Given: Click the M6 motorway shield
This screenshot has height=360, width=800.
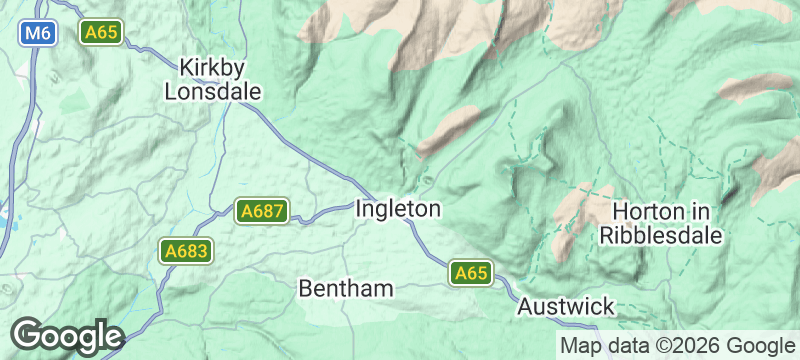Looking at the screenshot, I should coord(38,33).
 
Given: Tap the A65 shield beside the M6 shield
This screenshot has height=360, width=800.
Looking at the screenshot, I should coord(102,33).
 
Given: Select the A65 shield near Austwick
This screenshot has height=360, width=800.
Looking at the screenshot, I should coord(471,273).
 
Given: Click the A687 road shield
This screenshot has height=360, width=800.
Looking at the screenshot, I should coord(262,211).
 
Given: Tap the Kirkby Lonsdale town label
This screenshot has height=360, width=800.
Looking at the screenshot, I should coord(211,79).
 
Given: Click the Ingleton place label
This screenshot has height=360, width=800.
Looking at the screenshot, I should coord(398,210).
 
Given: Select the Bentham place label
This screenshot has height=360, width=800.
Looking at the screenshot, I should coord(346,288).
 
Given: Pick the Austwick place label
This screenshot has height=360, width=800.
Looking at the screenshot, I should coord(566,307).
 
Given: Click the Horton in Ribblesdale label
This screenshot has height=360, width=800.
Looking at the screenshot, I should coord(660,224).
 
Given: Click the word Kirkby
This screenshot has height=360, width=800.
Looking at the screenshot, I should coord(211,67).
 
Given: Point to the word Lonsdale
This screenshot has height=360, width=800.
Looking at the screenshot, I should coord(211,91).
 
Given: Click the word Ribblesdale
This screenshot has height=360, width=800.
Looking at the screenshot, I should coord(660,236).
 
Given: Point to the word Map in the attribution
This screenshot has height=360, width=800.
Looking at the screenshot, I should coord(579,346).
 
